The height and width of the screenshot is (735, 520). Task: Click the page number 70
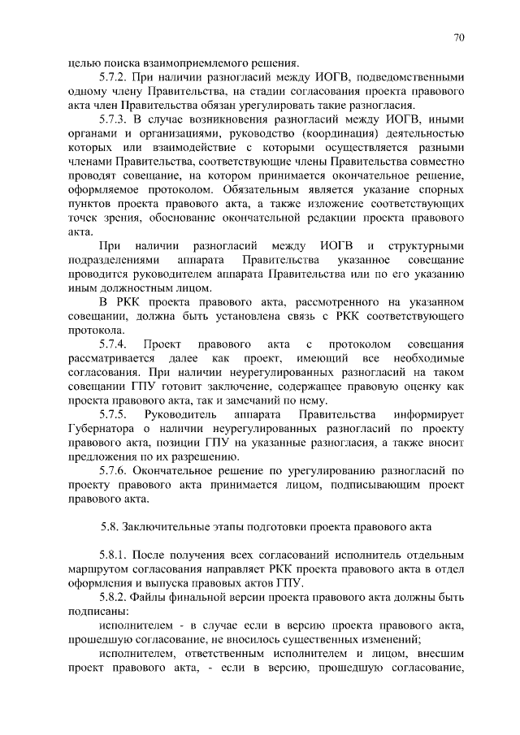point(459,37)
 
